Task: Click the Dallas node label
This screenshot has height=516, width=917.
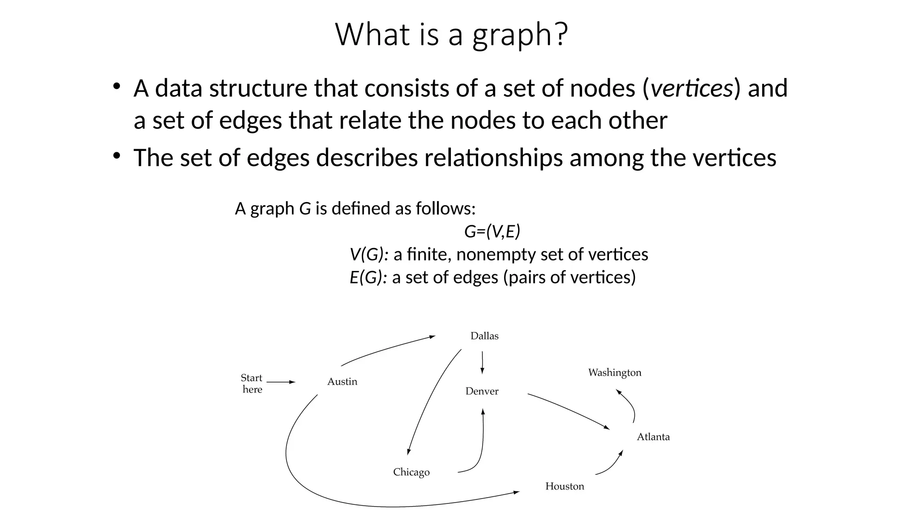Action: (x=484, y=336)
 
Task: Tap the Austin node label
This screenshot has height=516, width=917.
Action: (x=342, y=382)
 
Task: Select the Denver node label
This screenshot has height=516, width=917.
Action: (x=482, y=391)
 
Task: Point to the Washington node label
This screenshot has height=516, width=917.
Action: (x=614, y=373)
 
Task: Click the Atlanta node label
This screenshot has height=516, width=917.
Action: (x=653, y=437)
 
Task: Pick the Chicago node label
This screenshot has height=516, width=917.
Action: (x=411, y=472)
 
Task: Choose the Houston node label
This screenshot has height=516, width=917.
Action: (x=564, y=486)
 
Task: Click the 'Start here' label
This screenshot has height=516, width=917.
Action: (x=252, y=383)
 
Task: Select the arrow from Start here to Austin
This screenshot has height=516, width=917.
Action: (x=281, y=382)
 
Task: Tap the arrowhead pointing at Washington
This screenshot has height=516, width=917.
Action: (x=618, y=392)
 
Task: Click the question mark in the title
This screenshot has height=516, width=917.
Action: (x=561, y=34)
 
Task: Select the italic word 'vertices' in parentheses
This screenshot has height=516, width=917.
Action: (x=691, y=88)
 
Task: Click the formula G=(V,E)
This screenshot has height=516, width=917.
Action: (x=492, y=232)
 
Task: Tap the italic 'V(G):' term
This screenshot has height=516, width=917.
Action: (x=369, y=254)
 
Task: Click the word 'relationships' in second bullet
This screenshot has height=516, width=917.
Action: (x=493, y=158)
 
